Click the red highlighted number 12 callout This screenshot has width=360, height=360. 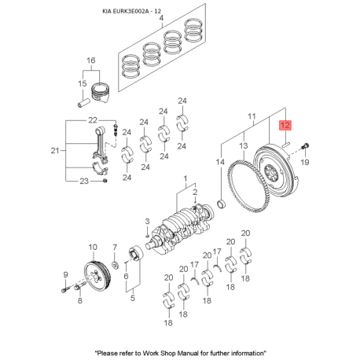pyautogui.click(x=285, y=125)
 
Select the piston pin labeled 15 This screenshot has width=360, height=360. pyautogui.click(x=84, y=102)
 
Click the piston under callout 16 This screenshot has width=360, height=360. pyautogui.click(x=101, y=93)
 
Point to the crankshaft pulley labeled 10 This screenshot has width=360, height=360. pyautogui.click(x=97, y=277)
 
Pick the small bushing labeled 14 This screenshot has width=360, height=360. pyautogui.click(x=222, y=204)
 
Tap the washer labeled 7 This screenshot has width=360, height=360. pyautogui.click(x=115, y=265)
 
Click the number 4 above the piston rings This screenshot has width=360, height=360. pyautogui.click(x=161, y=18)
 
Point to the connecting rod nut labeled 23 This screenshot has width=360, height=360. pyautogui.click(x=105, y=181)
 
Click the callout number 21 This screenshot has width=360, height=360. pyautogui.click(x=55, y=151)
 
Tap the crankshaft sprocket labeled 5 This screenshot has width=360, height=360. pyautogui.click(x=137, y=254)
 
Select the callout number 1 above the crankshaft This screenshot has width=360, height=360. pyautogui.click(x=186, y=178)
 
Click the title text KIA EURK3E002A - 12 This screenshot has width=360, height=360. pyautogui.click(x=131, y=11)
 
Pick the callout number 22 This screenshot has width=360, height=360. pyautogui.click(x=93, y=120)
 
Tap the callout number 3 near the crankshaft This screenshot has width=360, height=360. pyautogui.click(x=147, y=221)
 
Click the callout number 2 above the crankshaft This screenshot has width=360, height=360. pyautogui.click(x=195, y=193)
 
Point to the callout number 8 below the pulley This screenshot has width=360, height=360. pyautogui.click(x=80, y=300)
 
